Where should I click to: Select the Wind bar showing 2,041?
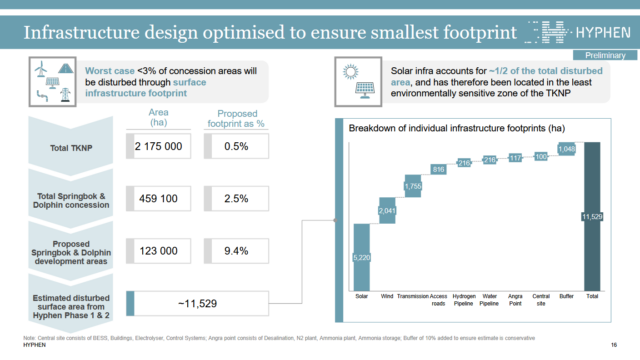click(388, 211)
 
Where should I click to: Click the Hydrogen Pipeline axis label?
click(465, 301)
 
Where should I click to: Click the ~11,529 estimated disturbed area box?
click(205, 300)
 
